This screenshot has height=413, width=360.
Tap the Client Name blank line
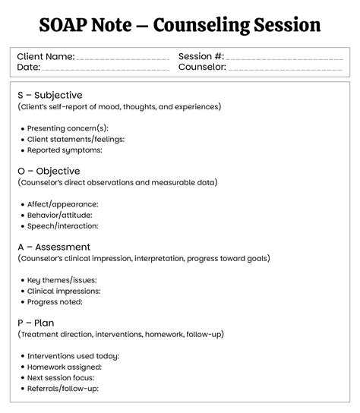coord(122,58)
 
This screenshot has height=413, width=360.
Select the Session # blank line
coord(286,58)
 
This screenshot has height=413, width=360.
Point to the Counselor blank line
coord(286,68)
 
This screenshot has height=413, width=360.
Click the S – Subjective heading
coord(49,95)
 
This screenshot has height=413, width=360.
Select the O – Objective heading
coord(49,171)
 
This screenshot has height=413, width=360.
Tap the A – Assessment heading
coord(54,247)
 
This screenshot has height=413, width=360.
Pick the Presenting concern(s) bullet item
coord(68,128)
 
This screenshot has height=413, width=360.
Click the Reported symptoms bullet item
coord(65,150)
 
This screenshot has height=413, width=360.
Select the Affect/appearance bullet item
coord(62,204)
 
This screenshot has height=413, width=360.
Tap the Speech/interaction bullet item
coord(63,225)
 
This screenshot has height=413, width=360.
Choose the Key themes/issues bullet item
coord(62,280)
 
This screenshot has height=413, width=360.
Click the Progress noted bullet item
coord(58,301)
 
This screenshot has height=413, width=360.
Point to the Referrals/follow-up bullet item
coord(63,389)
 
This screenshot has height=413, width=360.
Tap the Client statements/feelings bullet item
coord(76,140)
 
